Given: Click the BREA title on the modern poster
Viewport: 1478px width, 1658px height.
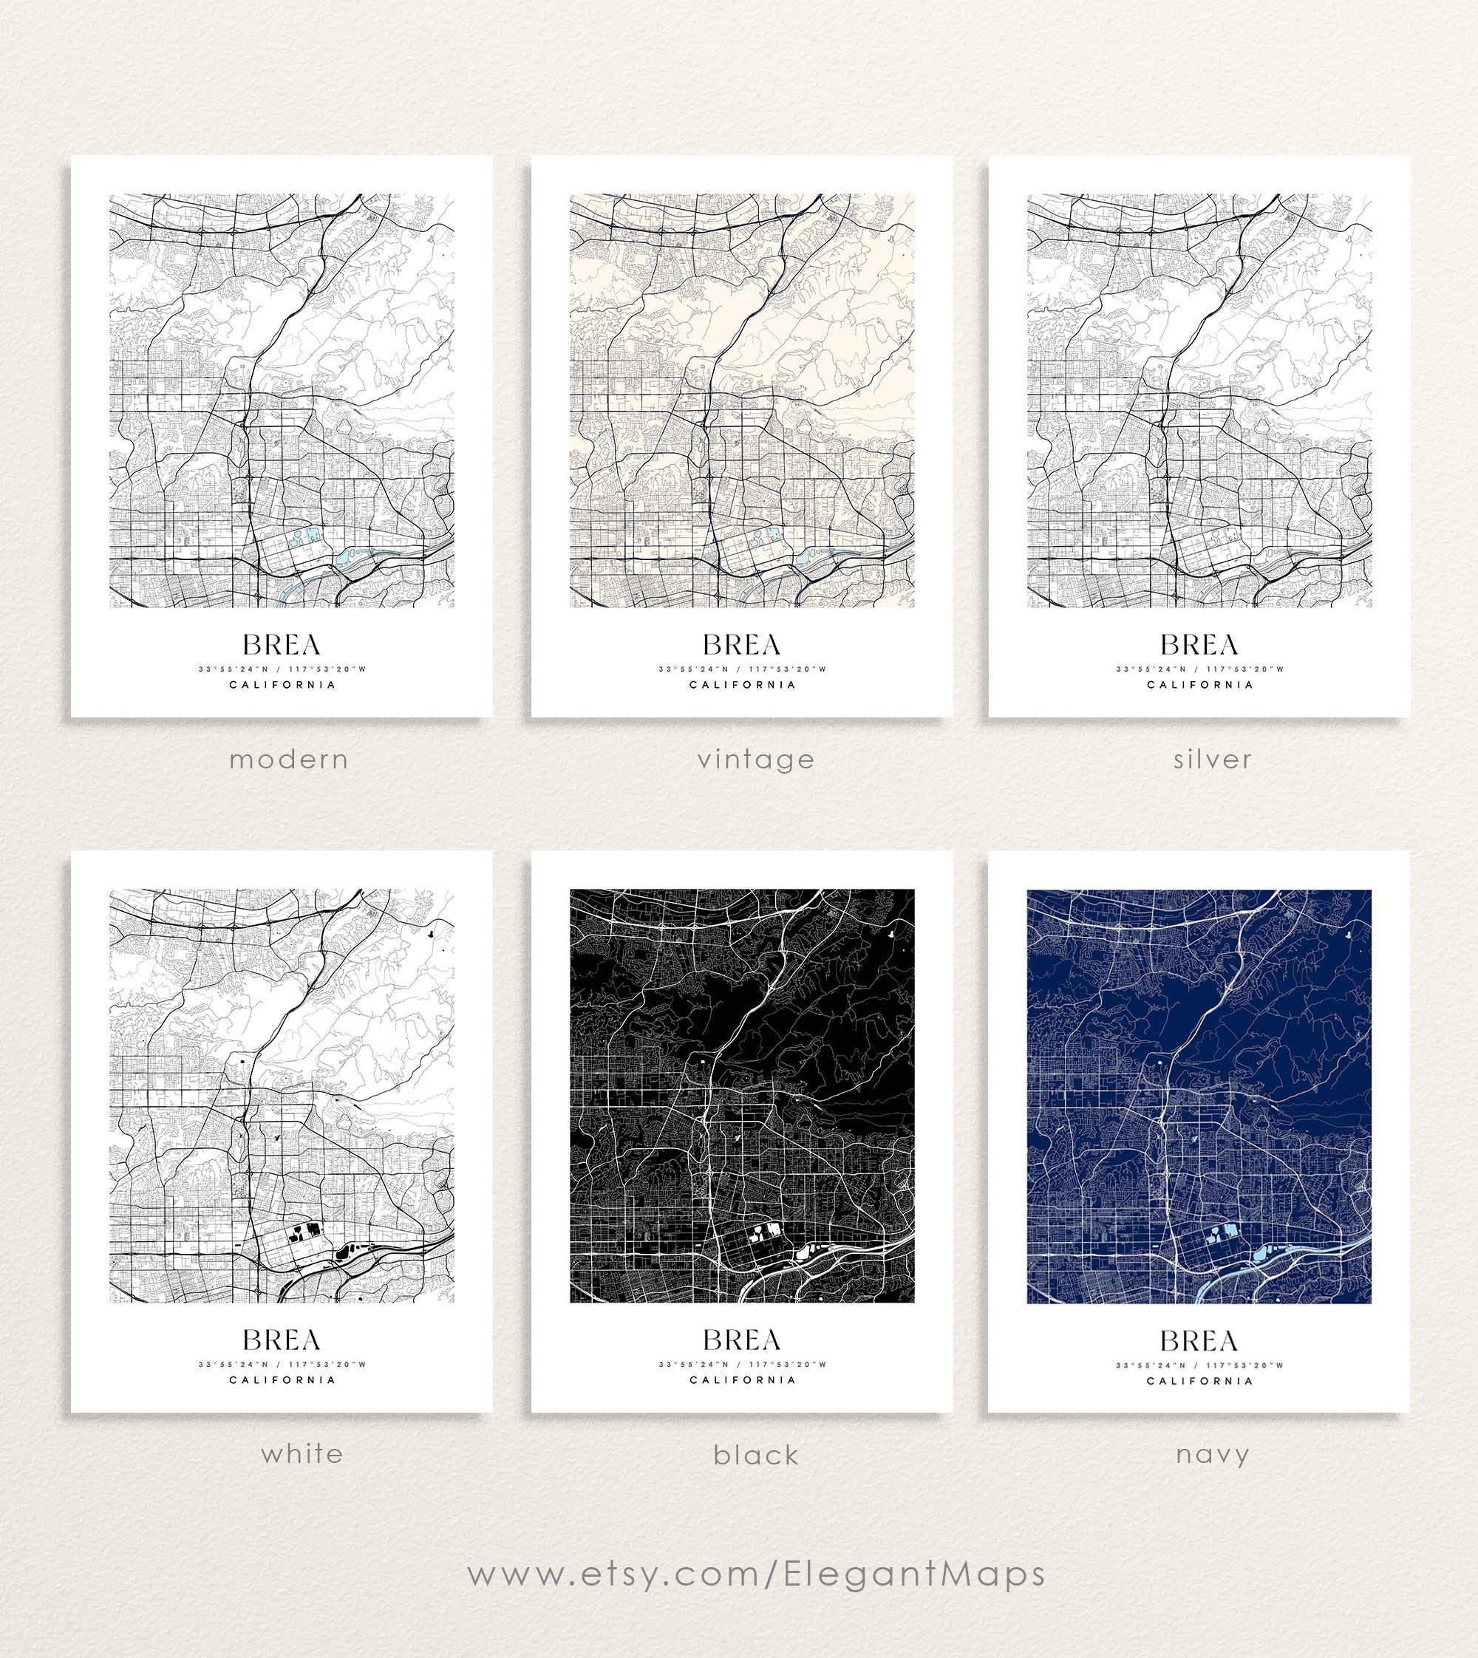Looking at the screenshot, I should click(282, 645).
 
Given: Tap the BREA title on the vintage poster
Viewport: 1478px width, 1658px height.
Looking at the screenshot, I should click(741, 645).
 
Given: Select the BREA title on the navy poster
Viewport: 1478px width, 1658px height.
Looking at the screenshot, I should click(1199, 1340).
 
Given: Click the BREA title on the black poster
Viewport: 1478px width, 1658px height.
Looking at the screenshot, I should click(741, 1340).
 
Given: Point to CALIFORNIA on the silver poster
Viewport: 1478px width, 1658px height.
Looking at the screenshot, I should click(1200, 684).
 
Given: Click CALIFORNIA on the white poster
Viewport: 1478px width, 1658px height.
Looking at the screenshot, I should click(282, 1379).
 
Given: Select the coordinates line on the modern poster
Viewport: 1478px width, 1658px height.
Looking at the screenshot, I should click(282, 669).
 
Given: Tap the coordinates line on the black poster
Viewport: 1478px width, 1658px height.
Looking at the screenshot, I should click(741, 1364).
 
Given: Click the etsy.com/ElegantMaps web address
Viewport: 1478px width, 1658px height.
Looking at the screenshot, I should click(756, 1574).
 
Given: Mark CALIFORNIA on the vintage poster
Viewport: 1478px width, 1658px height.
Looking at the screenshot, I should click(742, 684).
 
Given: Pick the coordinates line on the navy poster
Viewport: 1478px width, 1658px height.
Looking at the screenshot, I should click(1199, 1365).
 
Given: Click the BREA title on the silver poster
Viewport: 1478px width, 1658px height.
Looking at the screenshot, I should click(1199, 645).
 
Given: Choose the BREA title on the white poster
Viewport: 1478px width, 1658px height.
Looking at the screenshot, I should click(282, 1340).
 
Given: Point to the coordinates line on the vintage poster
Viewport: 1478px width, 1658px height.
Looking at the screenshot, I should click(741, 669).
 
